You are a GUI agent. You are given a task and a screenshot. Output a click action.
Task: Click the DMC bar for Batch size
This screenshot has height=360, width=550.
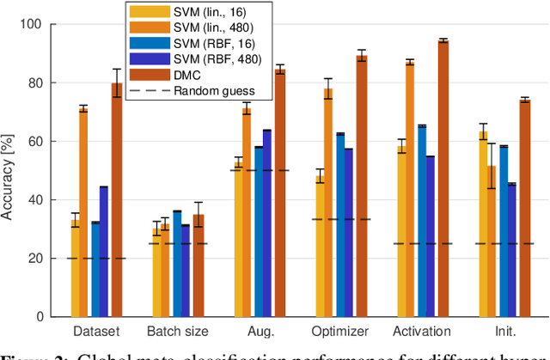coord(199,265)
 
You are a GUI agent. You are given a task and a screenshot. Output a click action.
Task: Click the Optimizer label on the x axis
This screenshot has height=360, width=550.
coord(341,332)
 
